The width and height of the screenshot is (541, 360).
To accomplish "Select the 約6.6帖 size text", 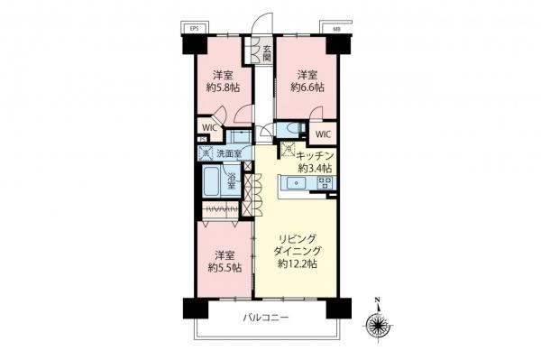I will (307, 88).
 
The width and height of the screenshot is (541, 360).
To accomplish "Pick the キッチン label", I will (316, 155).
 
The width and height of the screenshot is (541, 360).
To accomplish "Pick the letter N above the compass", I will (379, 301).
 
